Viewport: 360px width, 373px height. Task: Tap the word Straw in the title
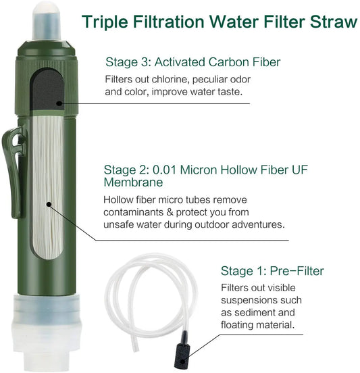(334, 22)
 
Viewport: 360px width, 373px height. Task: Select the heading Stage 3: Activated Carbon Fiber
(193, 62)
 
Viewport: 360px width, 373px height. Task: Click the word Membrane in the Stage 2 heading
(133, 182)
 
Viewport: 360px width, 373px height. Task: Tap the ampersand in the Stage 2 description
(170, 212)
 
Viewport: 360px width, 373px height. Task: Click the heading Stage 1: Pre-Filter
(272, 271)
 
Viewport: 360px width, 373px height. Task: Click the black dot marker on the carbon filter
(59, 103)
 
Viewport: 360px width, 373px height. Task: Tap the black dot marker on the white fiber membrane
(49, 204)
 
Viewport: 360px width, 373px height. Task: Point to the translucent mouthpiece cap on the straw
(47, 22)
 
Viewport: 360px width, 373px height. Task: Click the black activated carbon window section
(48, 91)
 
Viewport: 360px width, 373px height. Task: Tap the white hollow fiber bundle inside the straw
(47, 186)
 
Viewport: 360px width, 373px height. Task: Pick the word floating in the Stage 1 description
(240, 325)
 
